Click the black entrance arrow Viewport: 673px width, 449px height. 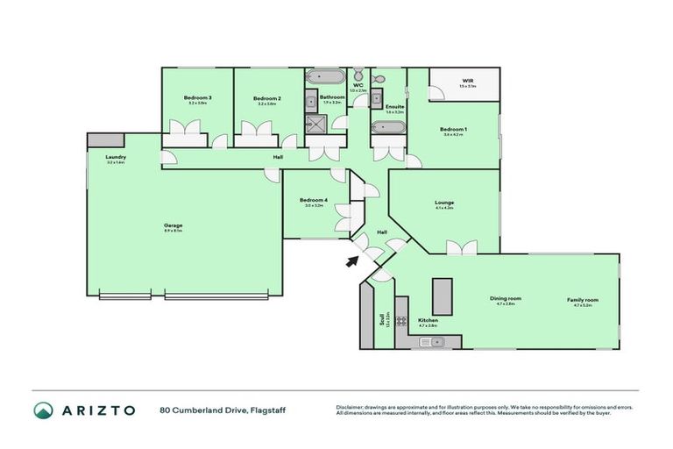[352, 260]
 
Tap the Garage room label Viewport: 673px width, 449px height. [173, 226]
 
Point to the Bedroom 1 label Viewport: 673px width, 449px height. [453, 130]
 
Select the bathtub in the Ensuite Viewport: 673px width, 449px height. [388, 128]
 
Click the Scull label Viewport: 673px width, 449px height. [381, 320]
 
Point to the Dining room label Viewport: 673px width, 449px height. [506, 299]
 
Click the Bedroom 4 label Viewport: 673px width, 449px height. [313, 200]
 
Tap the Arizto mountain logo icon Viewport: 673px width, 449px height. [43, 410]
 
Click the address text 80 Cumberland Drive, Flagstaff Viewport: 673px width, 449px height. [223, 410]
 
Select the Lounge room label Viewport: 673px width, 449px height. [444, 202]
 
